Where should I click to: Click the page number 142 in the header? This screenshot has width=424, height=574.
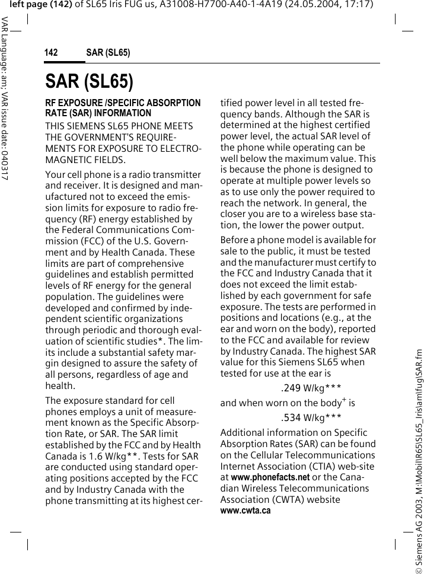[51, 53]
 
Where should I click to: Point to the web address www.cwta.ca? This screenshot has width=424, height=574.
[246, 510]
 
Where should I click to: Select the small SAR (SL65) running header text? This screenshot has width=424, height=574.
[108, 53]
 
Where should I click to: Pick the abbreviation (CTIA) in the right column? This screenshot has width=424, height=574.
[324, 465]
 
